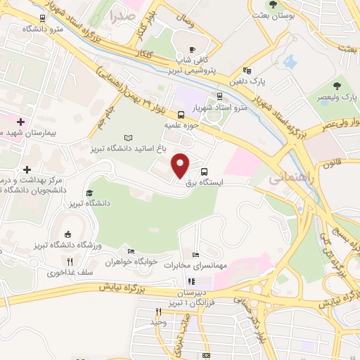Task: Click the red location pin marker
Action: coord(181,165)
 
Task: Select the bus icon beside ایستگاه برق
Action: coord(205,172)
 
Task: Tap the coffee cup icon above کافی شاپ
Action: coord(193,49)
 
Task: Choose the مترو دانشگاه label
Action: coord(43,29)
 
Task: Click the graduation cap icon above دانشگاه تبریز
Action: coord(89,193)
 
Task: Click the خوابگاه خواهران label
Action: coord(129,262)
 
